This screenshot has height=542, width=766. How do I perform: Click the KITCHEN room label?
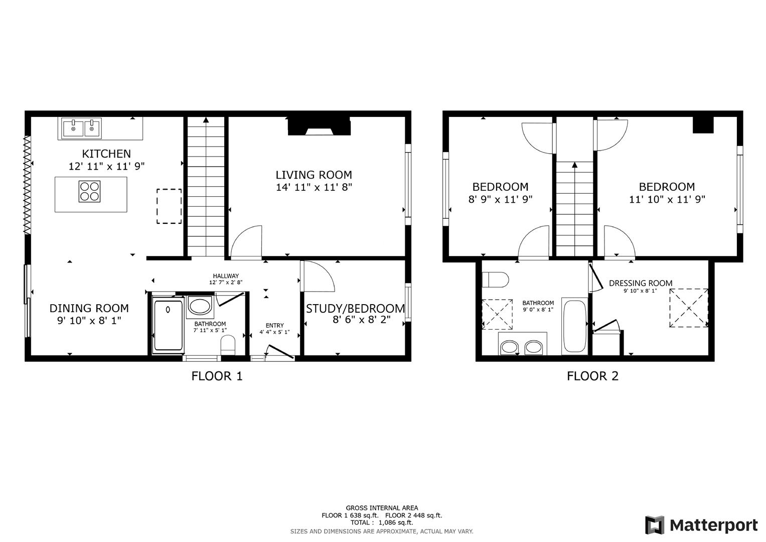point(106,154)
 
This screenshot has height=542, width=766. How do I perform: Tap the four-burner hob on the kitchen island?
point(89,191)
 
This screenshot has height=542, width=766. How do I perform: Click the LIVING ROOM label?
point(314,175)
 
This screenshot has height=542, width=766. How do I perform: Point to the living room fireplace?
point(319,126)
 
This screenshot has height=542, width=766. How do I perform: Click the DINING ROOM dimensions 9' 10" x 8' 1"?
point(89,320)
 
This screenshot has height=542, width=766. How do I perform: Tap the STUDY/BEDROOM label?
point(355,309)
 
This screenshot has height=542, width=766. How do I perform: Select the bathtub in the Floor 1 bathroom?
point(168,325)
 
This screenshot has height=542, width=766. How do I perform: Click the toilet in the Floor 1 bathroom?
point(228,345)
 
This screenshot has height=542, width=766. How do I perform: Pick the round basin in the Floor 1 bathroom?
point(200,306)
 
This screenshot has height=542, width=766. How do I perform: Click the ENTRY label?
point(274,325)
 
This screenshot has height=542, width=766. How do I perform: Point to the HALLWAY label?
point(226,276)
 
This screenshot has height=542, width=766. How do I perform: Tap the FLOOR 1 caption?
point(217,376)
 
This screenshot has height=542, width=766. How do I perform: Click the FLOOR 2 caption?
point(592,376)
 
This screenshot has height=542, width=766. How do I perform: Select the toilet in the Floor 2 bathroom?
point(495,279)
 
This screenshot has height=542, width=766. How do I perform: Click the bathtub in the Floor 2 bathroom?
point(575,326)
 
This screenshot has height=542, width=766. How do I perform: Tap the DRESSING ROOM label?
point(640,283)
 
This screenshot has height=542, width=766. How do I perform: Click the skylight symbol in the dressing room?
point(688,308)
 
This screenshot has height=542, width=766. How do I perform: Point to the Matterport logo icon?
point(655,525)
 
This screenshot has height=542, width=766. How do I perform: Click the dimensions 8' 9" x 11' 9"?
point(500,199)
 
